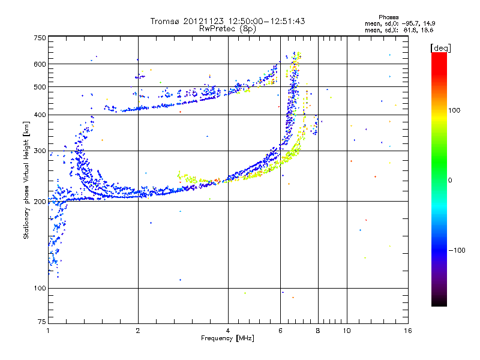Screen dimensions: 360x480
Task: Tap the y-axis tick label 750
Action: coord(39,38)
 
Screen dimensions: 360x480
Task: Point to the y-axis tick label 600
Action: coord(39,64)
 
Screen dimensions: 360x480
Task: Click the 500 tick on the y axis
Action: coord(39,87)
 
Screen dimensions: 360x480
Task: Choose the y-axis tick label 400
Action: coord(39,115)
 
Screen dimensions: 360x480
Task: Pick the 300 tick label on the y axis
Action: coord(39,151)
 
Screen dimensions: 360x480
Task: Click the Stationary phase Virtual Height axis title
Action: coord(26,180)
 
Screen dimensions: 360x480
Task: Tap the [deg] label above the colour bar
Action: coord(440,47)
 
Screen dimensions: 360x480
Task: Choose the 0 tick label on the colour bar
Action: coord(449,180)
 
